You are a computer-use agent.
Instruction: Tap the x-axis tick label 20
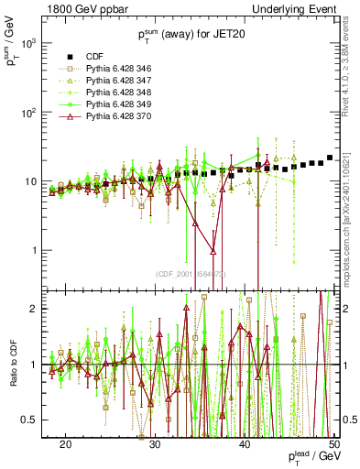[65, 443]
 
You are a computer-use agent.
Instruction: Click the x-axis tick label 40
[245, 443]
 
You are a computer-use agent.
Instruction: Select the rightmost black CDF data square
[330, 158]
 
